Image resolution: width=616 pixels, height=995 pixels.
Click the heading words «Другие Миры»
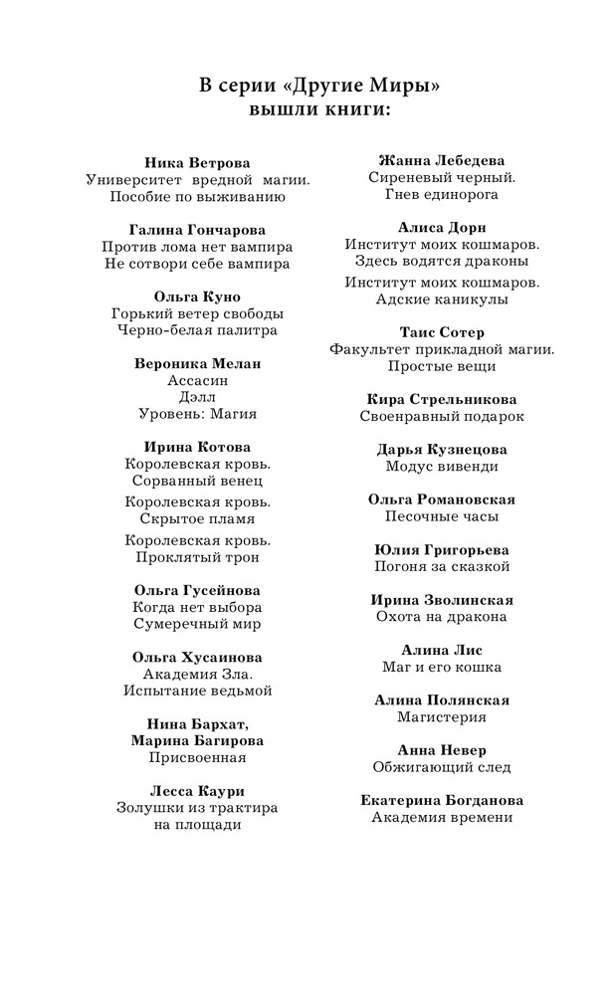362,87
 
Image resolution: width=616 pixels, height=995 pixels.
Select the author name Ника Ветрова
197,162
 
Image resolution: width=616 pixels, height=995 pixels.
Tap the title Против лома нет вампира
197,247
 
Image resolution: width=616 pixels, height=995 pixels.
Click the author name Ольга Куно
197,297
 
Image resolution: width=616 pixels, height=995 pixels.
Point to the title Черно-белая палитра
197,330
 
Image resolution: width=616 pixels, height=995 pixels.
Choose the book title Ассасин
197,380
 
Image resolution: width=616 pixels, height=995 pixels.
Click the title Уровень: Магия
197,414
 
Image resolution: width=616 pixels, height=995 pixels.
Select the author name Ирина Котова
197,447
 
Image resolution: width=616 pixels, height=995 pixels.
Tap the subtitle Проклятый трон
197,557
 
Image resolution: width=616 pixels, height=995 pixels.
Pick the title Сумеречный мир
197,624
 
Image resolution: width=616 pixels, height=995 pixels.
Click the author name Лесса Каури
197,791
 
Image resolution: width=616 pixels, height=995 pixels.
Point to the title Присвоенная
197,757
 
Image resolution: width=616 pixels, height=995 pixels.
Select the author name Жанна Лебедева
442,160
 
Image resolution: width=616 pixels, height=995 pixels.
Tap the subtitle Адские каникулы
442,298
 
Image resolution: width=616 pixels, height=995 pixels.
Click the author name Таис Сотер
442,332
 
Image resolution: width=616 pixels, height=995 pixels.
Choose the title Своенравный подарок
442,416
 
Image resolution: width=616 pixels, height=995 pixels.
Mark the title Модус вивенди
442,466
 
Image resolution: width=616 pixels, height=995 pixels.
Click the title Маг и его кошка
442,667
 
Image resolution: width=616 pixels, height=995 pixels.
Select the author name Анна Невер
442,750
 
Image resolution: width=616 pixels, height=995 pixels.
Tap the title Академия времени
442,817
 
